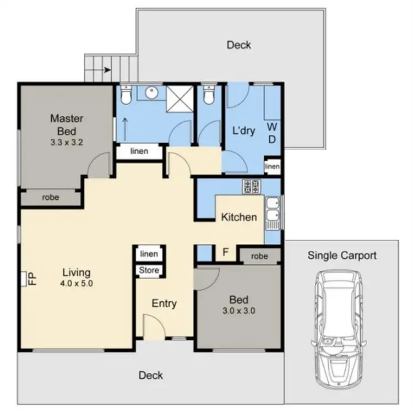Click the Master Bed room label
tap(66, 124)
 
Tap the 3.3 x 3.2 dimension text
tap(66, 142)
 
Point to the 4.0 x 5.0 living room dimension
tap(76, 284)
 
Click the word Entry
tap(164, 303)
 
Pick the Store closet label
tap(149, 270)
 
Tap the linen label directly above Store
tap(149, 254)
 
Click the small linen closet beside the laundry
tap(272, 166)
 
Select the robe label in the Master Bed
tap(51, 197)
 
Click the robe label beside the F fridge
tap(259, 256)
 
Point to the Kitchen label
tap(238, 217)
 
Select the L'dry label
tap(243, 132)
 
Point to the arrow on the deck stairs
tap(106, 70)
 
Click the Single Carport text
tap(341, 255)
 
